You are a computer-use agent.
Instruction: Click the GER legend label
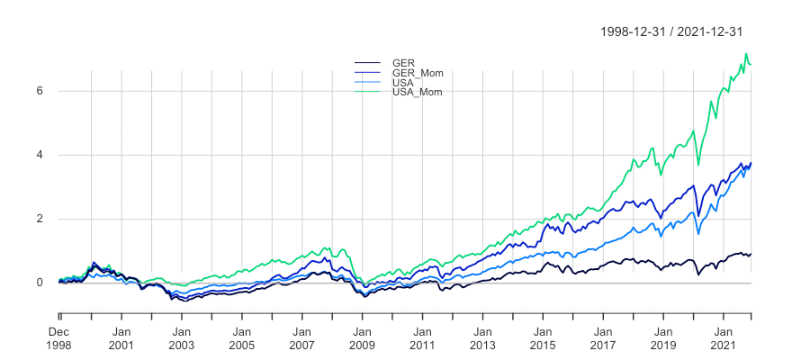click(402, 63)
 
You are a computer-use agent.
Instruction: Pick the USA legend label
click(402, 83)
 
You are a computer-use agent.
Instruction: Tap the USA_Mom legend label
click(418, 92)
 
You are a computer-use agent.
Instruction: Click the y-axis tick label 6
click(40, 91)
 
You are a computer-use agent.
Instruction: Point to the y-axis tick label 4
click(40, 155)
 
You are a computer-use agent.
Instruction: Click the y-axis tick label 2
click(40, 219)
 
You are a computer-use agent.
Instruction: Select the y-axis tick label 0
click(40, 283)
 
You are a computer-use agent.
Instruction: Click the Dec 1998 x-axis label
click(60, 337)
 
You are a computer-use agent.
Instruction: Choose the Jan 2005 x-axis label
click(242, 337)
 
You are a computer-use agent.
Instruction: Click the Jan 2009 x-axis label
click(362, 337)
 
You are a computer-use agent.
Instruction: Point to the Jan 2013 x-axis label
click(482, 337)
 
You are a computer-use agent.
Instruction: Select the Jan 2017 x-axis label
click(603, 337)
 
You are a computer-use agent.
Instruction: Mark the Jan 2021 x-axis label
click(723, 337)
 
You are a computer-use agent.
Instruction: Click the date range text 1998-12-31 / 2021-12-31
click(671, 31)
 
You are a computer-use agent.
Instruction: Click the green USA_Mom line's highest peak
click(746, 54)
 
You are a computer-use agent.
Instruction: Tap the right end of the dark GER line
click(751, 254)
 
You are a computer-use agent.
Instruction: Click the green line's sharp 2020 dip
click(699, 165)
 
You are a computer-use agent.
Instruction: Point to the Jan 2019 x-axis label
click(662, 337)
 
